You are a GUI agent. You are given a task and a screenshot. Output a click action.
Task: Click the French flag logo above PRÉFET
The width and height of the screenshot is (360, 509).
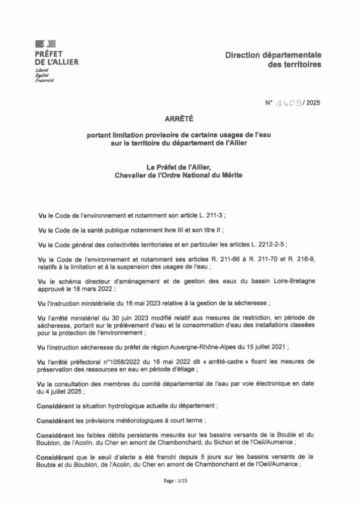click(46, 43)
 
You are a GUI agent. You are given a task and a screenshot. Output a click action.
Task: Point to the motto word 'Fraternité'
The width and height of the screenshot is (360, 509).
click(45, 81)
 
